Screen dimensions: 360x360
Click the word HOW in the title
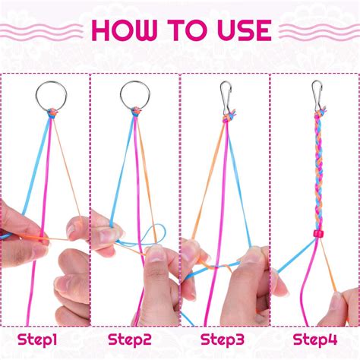tap(128, 30)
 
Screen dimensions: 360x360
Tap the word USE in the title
tap(238, 30)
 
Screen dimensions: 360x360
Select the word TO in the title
tap(184, 30)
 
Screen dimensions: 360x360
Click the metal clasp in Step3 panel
tap(225, 95)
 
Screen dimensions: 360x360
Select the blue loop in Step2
tap(157, 236)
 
